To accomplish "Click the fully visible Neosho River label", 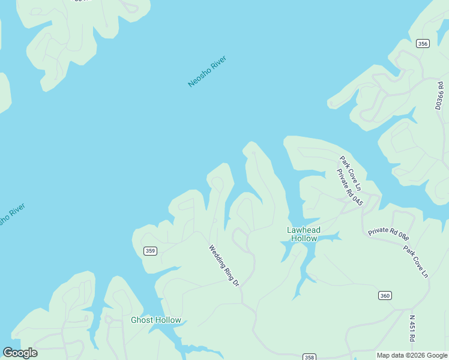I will (x=207, y=72).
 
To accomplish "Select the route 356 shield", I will (x=423, y=43).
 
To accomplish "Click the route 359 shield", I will (x=150, y=251).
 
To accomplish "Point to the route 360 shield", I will (x=385, y=295).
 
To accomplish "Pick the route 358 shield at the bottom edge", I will (x=309, y=358).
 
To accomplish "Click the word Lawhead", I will (x=304, y=230).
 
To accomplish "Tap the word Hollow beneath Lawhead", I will (x=304, y=239).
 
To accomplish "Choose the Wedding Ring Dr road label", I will (x=224, y=265).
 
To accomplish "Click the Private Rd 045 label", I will (x=349, y=187).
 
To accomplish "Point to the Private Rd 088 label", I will (x=388, y=230).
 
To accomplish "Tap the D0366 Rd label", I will (x=440, y=91).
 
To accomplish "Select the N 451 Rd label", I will (x=412, y=329).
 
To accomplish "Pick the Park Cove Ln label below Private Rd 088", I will (x=415, y=261).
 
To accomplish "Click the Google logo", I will (x=20, y=353).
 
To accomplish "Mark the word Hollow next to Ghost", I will (x=169, y=320).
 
